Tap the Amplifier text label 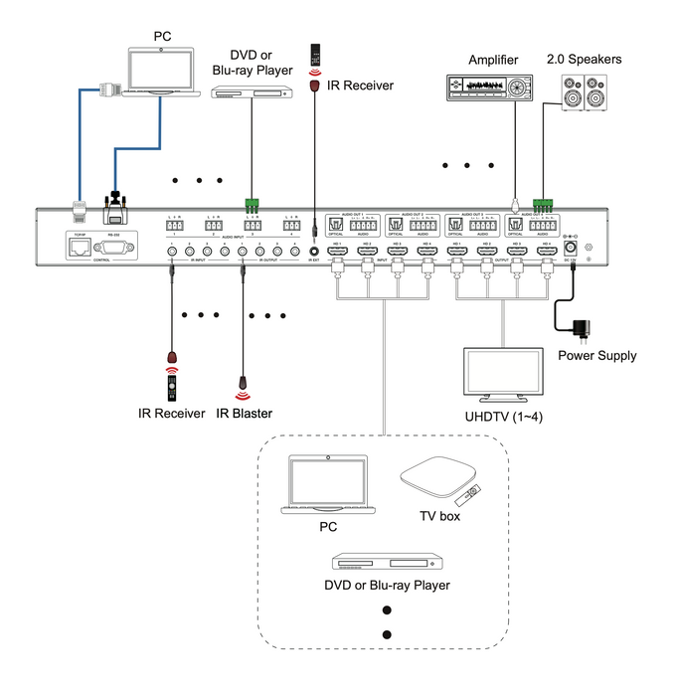(x=494, y=61)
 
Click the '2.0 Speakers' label (x=584, y=60)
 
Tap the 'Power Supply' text (x=596, y=355)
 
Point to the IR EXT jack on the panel (x=315, y=250)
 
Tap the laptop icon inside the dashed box (x=327, y=485)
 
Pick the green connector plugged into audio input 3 (x=253, y=206)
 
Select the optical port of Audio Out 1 (x=334, y=225)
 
